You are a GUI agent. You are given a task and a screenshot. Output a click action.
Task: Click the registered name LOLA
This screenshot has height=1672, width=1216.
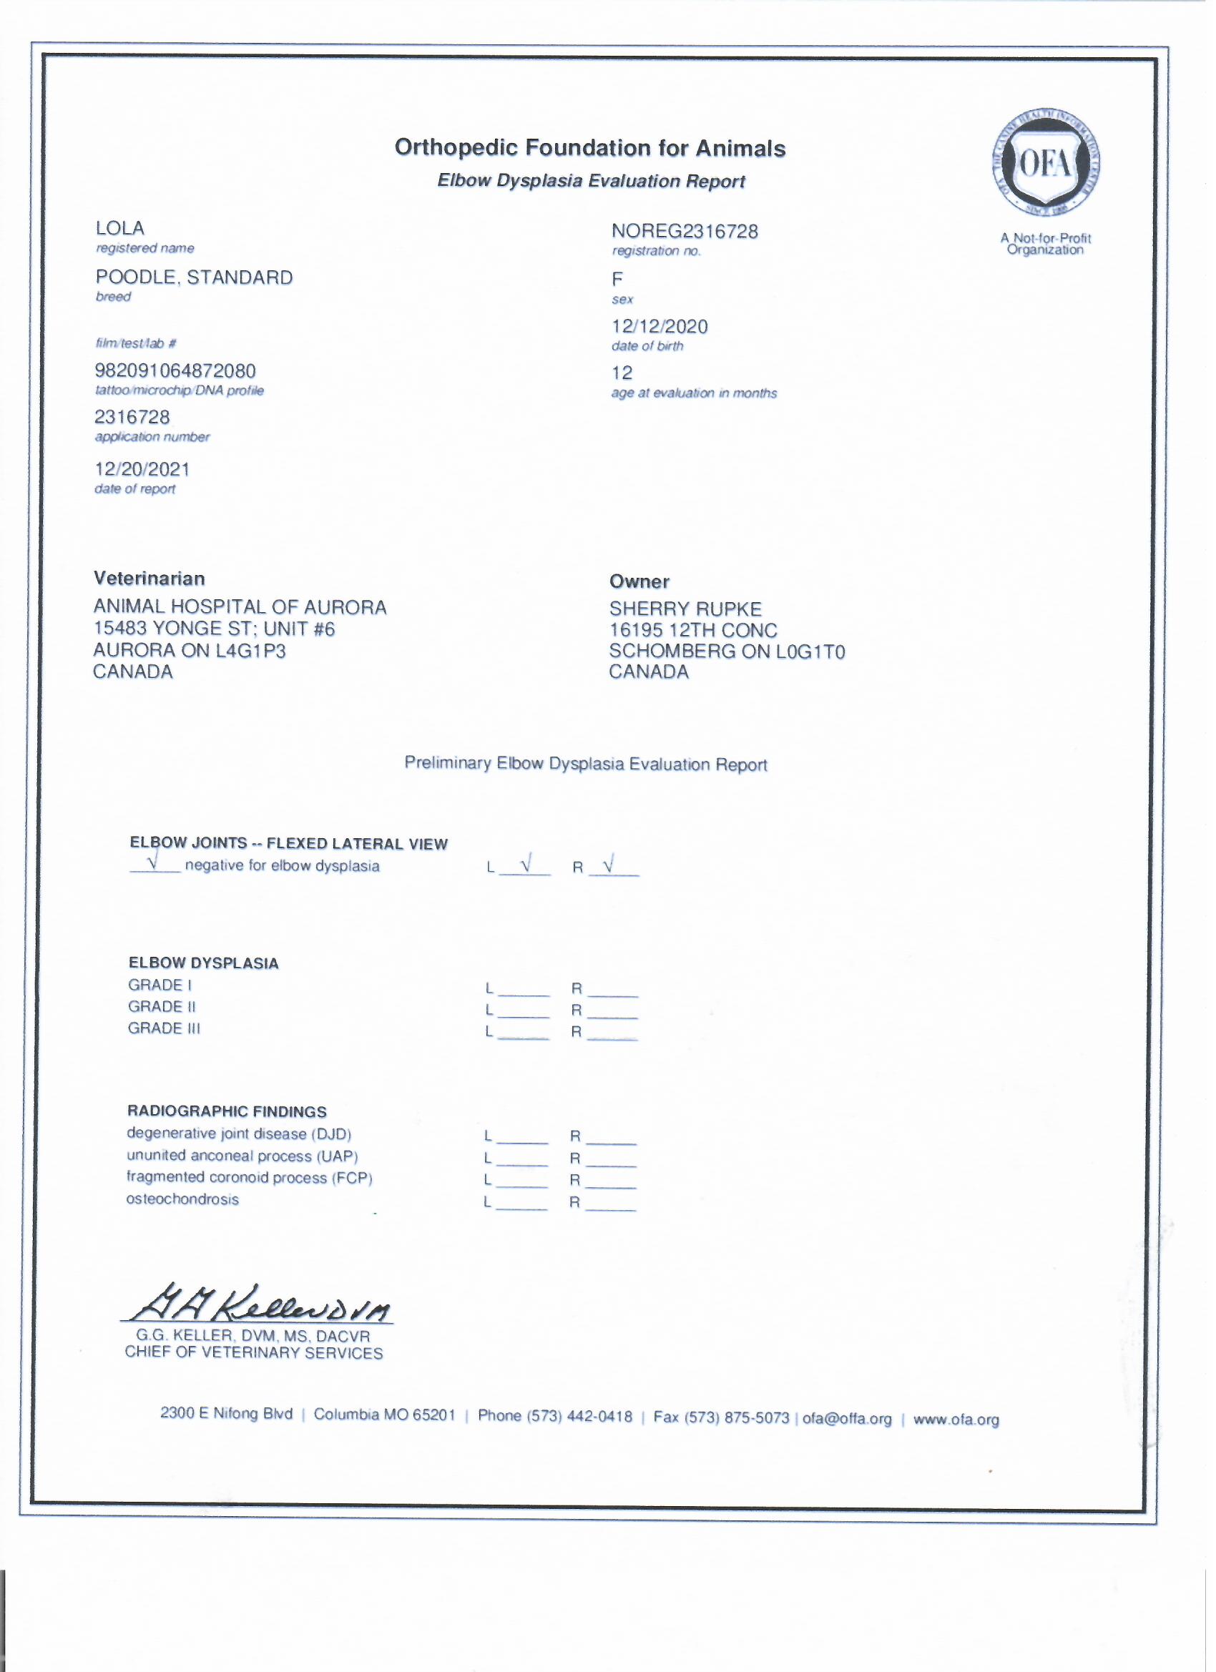[119, 229]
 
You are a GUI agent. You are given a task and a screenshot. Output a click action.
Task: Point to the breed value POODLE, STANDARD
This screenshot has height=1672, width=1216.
[194, 278]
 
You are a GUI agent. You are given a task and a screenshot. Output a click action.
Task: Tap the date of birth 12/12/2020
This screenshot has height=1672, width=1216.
[660, 327]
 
